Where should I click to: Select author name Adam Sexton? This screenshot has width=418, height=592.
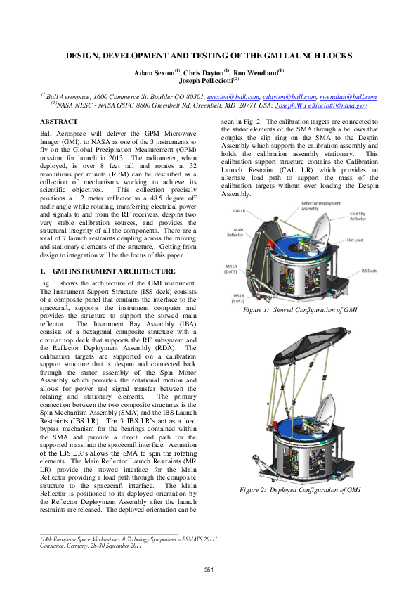(155, 72)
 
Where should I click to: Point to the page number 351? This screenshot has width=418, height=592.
(209, 569)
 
